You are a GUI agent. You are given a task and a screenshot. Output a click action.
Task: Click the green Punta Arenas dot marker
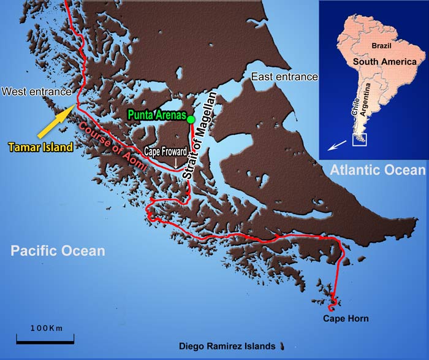tap(191, 119)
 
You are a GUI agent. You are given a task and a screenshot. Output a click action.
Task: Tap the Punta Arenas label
tap(156, 114)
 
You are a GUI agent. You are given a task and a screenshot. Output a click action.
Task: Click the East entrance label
tap(284, 77)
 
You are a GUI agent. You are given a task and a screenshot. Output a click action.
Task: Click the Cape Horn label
tap(346, 318)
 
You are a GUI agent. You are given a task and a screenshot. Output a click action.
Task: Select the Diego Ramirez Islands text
tap(227, 347)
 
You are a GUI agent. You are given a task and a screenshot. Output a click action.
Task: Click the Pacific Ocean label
tap(58, 251)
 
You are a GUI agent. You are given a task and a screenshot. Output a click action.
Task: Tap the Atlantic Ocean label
tap(376, 170)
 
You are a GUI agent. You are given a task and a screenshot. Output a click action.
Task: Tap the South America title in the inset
tap(384, 62)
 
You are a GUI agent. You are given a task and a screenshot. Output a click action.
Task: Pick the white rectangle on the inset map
tap(359, 140)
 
